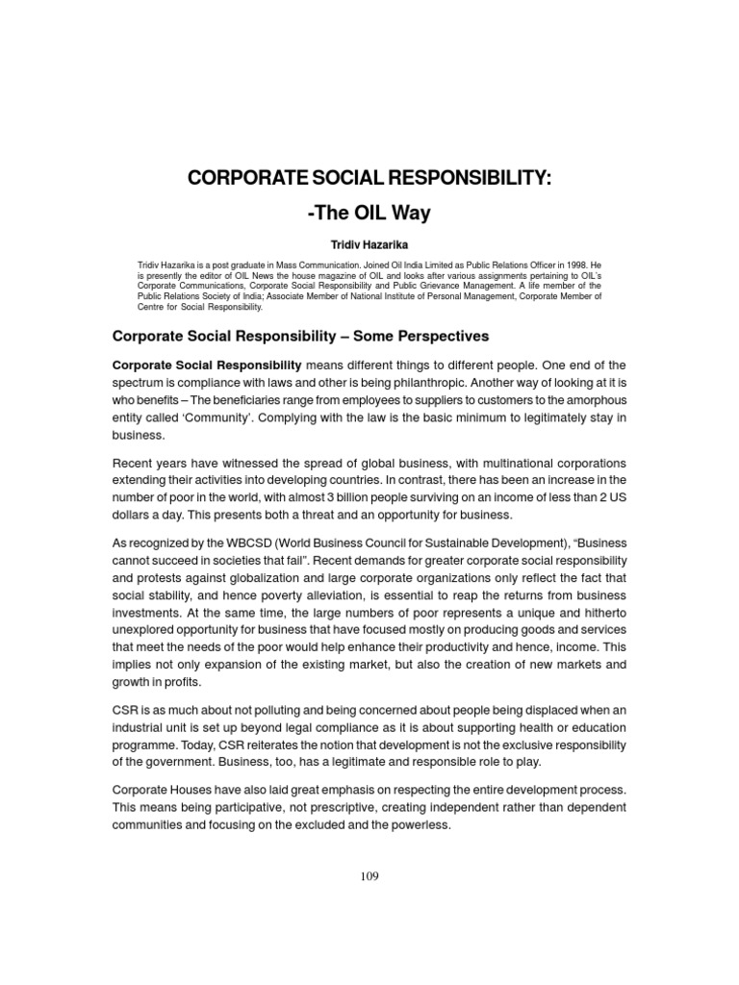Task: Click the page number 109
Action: pyautogui.click(x=369, y=877)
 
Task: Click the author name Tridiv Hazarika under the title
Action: pyautogui.click(x=369, y=245)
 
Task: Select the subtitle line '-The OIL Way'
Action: pyautogui.click(x=369, y=212)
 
